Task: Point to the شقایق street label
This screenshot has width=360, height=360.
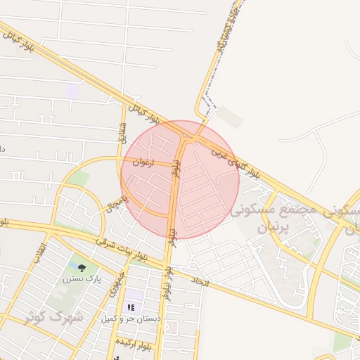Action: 124,134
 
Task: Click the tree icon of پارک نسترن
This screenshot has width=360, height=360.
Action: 83,267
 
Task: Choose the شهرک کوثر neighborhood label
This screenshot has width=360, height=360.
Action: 54,317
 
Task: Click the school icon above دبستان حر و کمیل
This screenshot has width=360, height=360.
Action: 131,307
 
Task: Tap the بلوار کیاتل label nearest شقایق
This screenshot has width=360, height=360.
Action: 146,110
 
